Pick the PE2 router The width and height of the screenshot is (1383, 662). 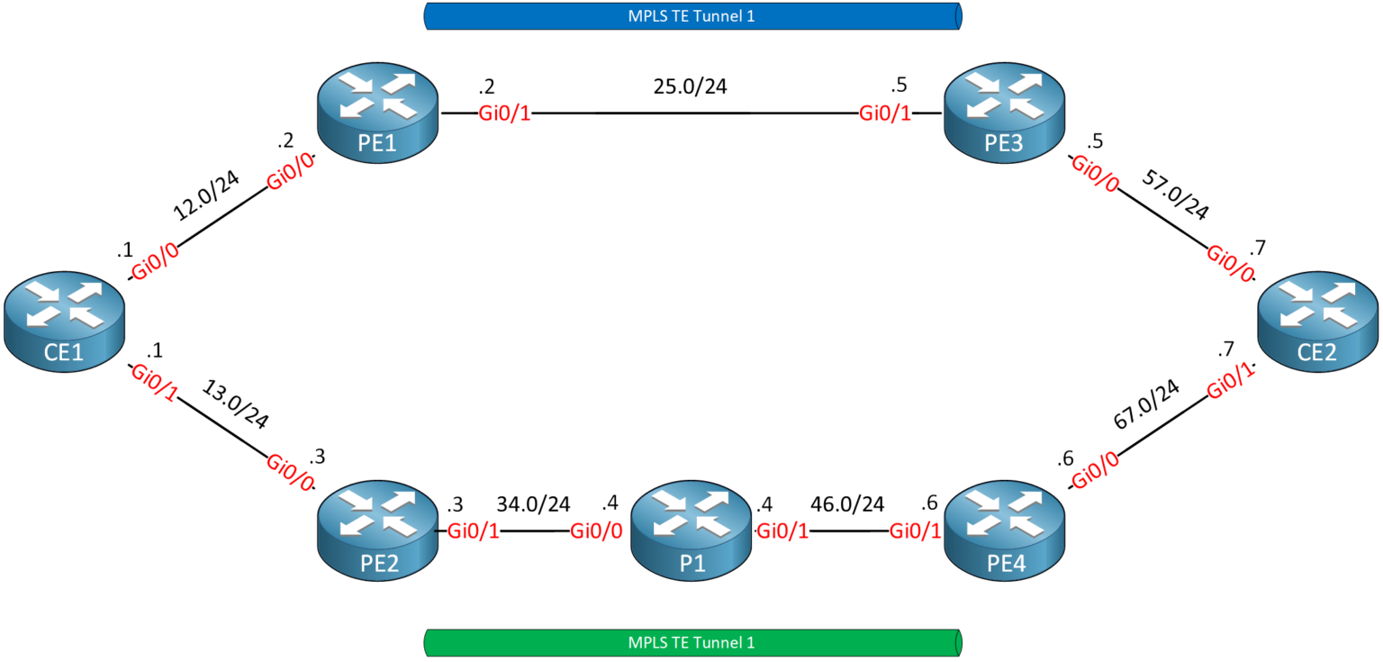(x=378, y=531)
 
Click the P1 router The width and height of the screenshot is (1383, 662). (x=691, y=531)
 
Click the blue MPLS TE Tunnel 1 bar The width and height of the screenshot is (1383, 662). (x=691, y=16)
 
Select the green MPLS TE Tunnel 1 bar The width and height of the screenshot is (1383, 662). (x=691, y=643)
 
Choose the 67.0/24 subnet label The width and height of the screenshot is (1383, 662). (x=1147, y=404)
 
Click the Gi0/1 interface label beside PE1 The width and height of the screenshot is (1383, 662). (x=503, y=114)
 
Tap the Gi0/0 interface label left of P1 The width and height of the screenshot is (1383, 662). (x=596, y=531)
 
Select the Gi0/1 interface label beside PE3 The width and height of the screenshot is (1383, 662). (x=885, y=114)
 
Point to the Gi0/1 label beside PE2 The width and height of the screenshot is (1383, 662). (x=473, y=531)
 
